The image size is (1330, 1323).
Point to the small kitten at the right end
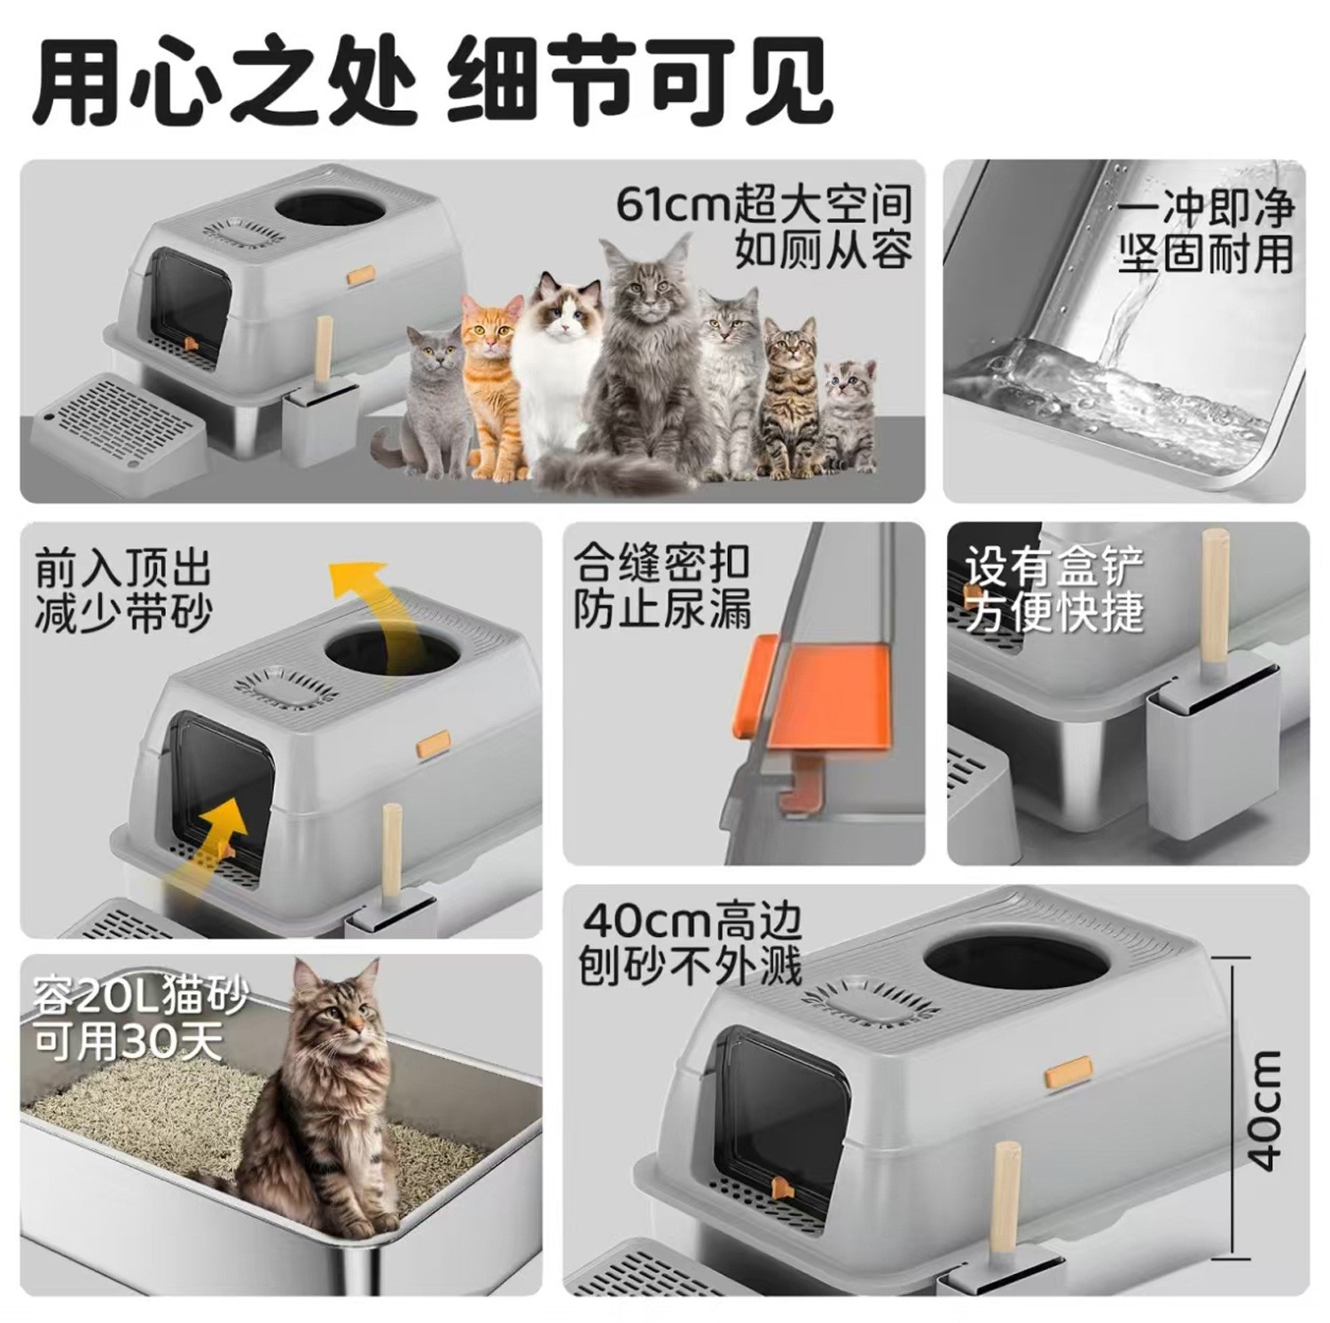pos(849,408)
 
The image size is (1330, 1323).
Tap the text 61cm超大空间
pos(764,205)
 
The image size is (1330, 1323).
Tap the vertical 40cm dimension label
pos(1265,1108)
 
